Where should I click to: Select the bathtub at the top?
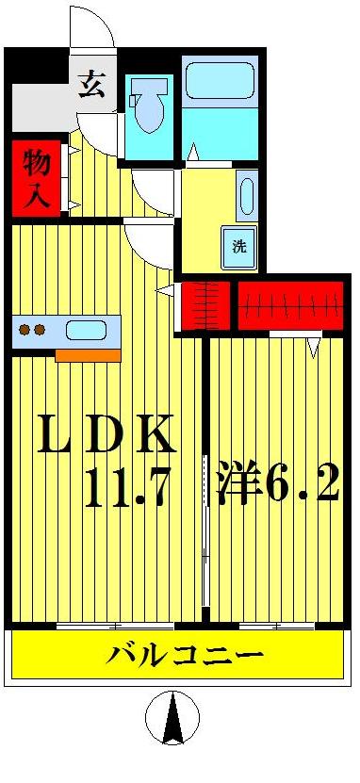pos(220,81)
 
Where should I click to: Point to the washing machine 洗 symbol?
pos(239,247)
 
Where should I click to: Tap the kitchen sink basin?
pos(87,331)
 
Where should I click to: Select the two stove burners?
pos(33,330)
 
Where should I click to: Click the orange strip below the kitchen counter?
pos(88,355)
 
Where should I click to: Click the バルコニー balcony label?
pos(185,655)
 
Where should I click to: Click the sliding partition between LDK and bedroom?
pos(205,528)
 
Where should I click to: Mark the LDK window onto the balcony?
pos(114,626)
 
